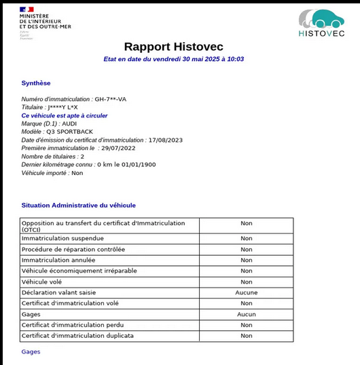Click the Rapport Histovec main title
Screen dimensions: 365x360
point(173,46)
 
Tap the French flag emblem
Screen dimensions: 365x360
point(27,9)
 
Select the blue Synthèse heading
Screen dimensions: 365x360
point(36,83)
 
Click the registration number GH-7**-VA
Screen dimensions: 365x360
point(111,99)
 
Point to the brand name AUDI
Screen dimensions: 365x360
point(70,123)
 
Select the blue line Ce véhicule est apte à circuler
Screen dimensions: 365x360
point(65,115)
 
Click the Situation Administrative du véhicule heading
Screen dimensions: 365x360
point(79,205)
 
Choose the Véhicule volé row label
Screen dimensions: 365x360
point(42,282)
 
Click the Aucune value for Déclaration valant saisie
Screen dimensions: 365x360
point(246,292)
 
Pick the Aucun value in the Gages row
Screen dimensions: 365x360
point(246,314)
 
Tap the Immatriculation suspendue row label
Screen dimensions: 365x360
point(62,238)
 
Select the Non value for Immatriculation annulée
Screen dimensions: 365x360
point(246,260)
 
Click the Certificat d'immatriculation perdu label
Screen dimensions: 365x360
point(77,325)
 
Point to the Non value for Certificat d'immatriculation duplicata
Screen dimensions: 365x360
point(246,336)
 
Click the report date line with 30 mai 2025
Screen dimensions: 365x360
point(173,59)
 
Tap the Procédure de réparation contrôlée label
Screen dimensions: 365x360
point(73,249)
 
